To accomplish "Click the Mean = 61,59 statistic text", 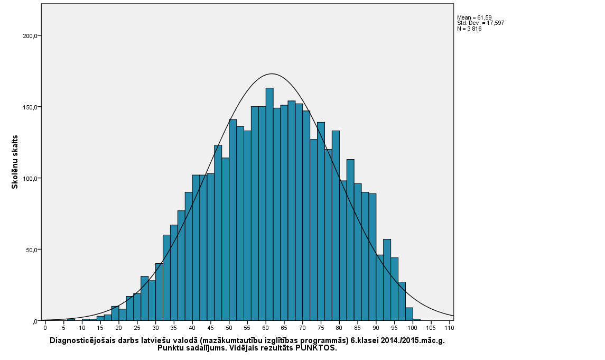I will [474, 17].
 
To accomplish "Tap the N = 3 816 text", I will [469, 29].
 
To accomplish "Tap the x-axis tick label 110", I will [450, 328].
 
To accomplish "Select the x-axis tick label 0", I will [45, 328].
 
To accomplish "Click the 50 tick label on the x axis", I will [229, 328].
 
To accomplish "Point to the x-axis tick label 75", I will [321, 328].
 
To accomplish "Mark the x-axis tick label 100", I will [413, 328].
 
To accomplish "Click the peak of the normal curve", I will [272, 74].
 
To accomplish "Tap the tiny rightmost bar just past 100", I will [417, 319].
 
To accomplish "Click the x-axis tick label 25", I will [137, 328].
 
